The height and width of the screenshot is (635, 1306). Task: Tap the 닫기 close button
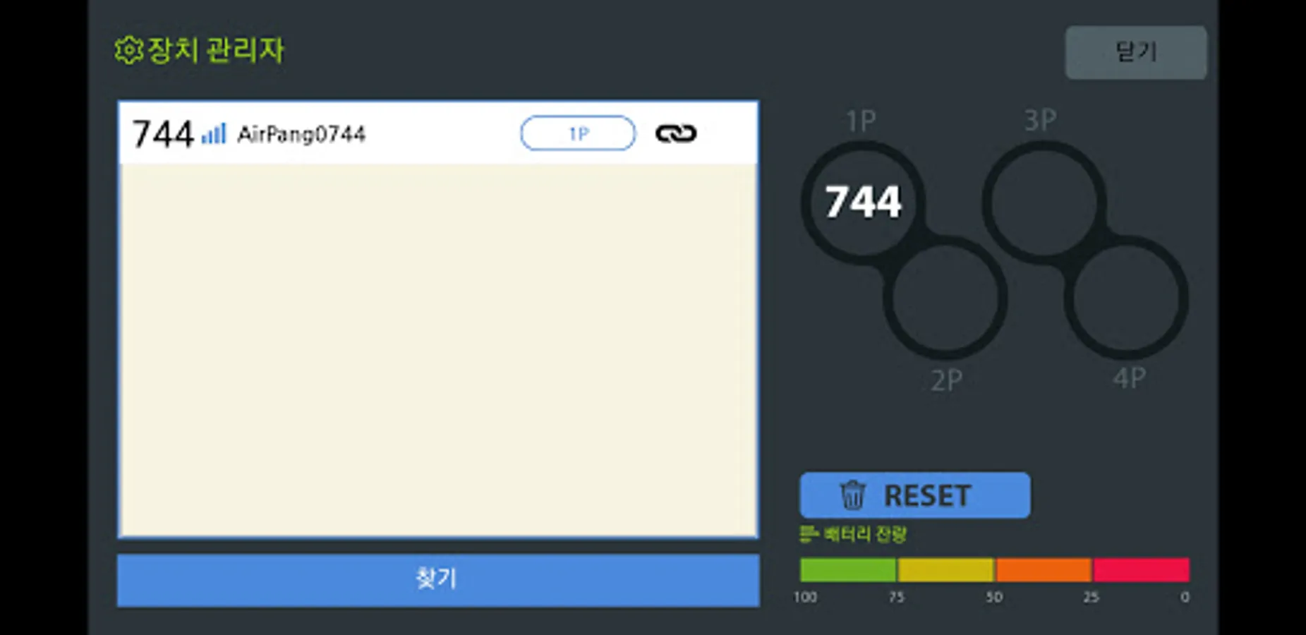click(x=1135, y=52)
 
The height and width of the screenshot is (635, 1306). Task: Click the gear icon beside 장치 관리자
click(x=128, y=50)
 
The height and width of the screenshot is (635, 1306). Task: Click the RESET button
click(x=914, y=495)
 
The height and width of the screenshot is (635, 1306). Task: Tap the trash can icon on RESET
click(x=852, y=495)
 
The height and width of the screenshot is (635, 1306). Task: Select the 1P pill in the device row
click(x=578, y=133)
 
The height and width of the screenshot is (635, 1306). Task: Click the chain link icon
click(x=676, y=133)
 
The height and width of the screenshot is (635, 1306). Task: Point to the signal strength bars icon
click(x=214, y=133)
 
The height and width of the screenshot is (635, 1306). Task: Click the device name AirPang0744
click(x=301, y=134)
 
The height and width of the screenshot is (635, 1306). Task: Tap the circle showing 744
click(x=863, y=202)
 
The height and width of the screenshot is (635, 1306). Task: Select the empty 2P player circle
click(x=945, y=298)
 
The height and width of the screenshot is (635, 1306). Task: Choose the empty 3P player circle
click(x=1044, y=202)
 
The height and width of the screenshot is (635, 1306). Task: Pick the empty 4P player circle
click(x=1127, y=298)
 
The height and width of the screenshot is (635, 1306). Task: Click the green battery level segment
click(x=847, y=569)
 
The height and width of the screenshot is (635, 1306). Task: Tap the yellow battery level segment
click(x=945, y=569)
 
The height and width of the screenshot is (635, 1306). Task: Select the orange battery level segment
click(x=1044, y=569)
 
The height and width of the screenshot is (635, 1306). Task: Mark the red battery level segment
click(x=1142, y=569)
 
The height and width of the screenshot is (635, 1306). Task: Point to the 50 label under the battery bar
click(x=994, y=597)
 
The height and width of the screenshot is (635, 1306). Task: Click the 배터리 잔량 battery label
click(x=864, y=534)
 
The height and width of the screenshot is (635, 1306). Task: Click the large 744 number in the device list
click(x=163, y=134)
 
